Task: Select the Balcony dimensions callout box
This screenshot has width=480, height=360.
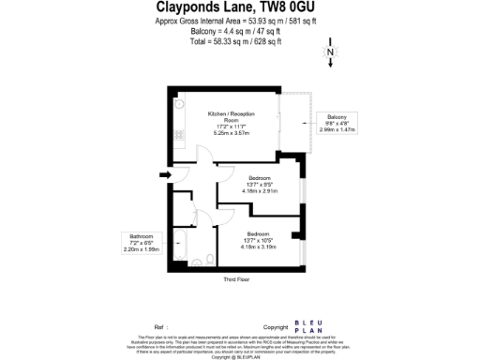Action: [x=338, y=124]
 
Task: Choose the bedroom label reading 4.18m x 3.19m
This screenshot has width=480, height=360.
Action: [x=261, y=241]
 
